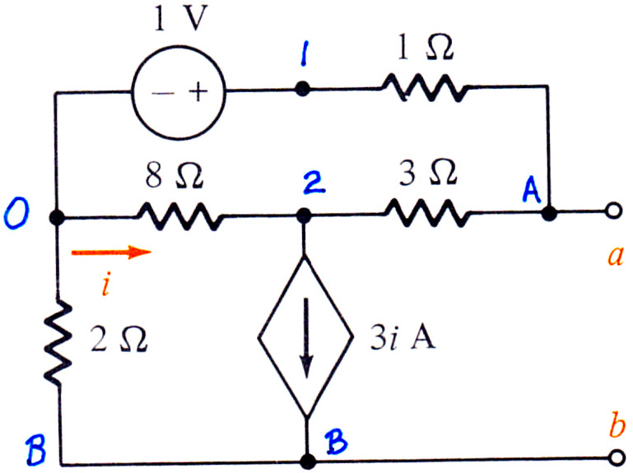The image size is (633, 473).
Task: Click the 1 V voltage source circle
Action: tap(178, 47)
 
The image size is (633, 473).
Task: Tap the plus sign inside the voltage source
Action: tap(198, 92)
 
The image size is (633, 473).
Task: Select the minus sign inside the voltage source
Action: tap(163, 94)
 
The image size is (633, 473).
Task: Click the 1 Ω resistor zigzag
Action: tap(425, 87)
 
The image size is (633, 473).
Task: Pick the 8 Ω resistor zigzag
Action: tap(180, 216)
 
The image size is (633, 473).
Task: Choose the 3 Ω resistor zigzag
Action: tap(426, 213)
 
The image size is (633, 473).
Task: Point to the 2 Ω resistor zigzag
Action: tap(58, 342)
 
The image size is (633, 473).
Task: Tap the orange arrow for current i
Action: tap(111, 253)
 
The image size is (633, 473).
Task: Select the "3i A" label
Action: tap(403, 337)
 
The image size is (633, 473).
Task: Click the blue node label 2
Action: tap(314, 184)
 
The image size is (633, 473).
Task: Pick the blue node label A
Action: tap(531, 190)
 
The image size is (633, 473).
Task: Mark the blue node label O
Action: tap(16, 215)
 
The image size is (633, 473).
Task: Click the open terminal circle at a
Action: tap(613, 211)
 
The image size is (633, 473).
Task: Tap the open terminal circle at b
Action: tap(616, 458)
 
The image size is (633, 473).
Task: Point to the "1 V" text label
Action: tap(180, 18)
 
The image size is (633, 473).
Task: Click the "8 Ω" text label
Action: tap(175, 176)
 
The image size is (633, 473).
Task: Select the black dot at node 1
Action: tap(302, 88)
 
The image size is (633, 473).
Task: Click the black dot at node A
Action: tap(548, 213)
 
